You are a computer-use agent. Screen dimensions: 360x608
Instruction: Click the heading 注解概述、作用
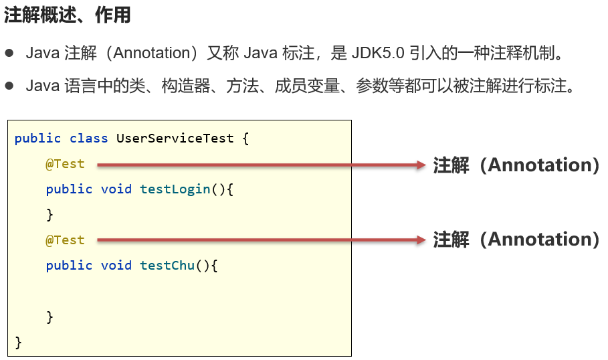[x=67, y=17]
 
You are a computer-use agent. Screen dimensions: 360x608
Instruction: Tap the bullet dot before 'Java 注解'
[x=9, y=52]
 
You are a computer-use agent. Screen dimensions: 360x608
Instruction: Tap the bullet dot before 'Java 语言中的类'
[x=9, y=86]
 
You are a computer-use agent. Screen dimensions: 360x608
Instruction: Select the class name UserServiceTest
[x=175, y=139]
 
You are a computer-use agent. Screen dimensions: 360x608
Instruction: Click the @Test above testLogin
[x=65, y=164]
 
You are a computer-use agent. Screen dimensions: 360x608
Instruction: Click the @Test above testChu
[x=65, y=240]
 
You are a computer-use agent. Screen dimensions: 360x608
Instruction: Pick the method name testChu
[x=167, y=266]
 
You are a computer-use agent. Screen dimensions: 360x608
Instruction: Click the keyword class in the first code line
[x=88, y=139]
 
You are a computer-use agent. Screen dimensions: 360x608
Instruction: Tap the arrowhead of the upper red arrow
[x=421, y=165]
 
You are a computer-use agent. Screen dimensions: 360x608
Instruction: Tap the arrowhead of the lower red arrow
[x=421, y=240]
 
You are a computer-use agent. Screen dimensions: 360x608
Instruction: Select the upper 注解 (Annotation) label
[x=516, y=165]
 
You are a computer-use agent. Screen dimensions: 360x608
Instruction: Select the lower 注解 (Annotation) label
[x=516, y=240]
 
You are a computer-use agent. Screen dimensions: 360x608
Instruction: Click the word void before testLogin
[x=116, y=189]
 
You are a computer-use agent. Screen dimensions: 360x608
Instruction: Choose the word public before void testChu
[x=69, y=266]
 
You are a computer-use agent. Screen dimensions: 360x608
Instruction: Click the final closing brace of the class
[x=19, y=342]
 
